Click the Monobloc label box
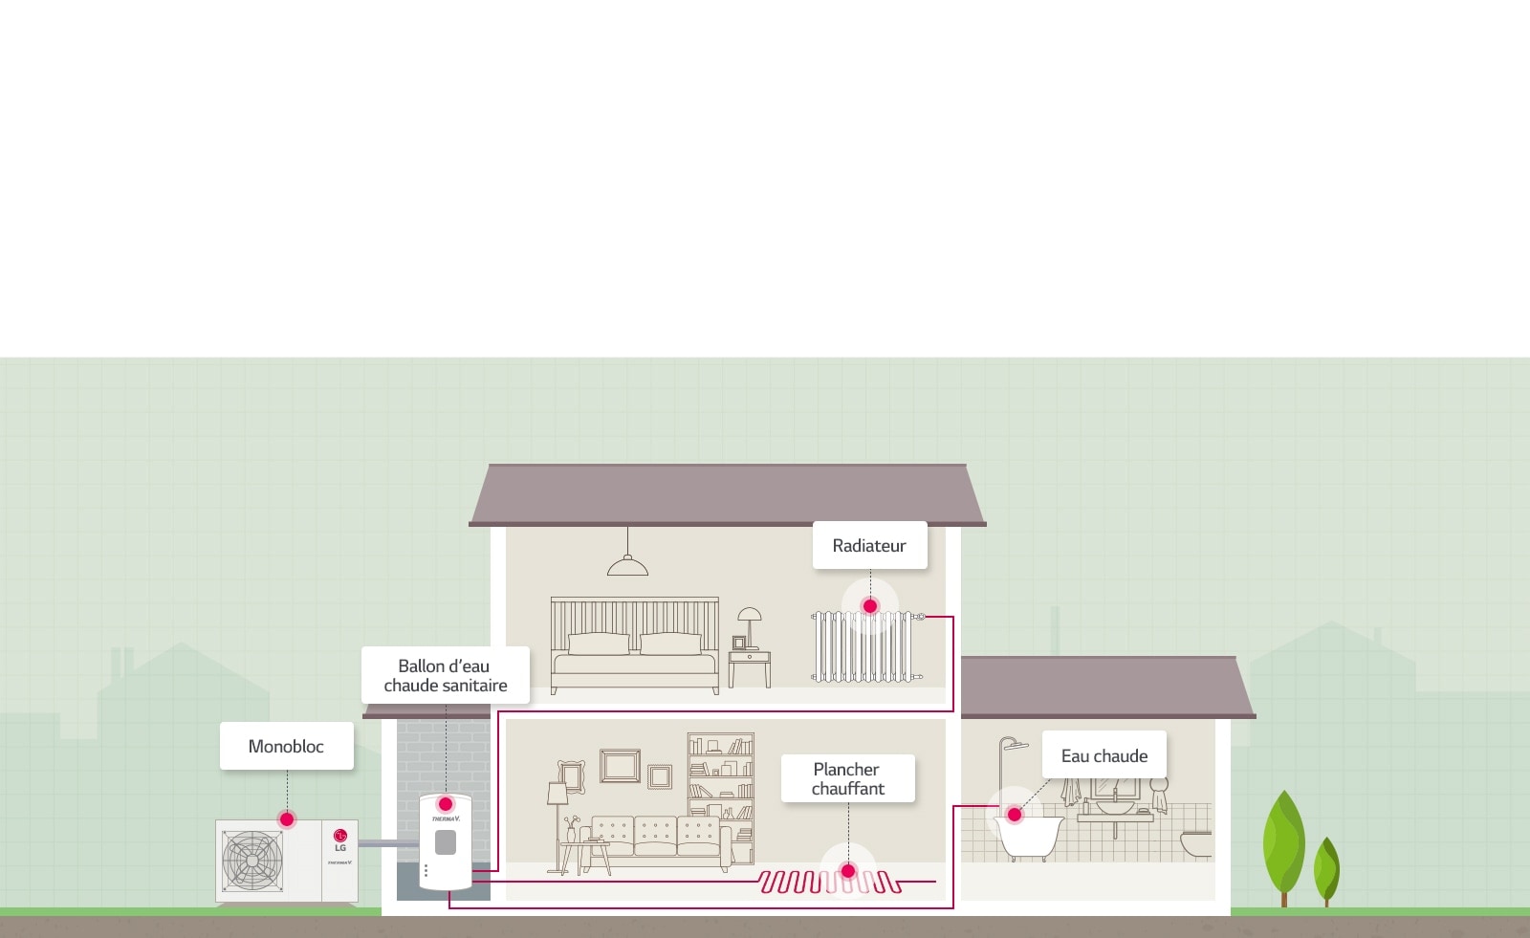point(286,746)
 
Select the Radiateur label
point(869,545)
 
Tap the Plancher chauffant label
point(847,778)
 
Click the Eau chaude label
point(1104,755)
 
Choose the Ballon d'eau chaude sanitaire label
point(445,675)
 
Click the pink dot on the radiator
point(870,606)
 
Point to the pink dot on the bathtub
point(1015,815)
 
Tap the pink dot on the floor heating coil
point(847,871)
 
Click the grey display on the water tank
point(446,842)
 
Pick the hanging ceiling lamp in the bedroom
point(627,566)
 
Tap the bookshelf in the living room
point(721,784)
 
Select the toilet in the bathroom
point(1195,843)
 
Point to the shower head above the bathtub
point(1019,745)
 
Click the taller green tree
point(1283,841)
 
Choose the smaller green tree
point(1326,868)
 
